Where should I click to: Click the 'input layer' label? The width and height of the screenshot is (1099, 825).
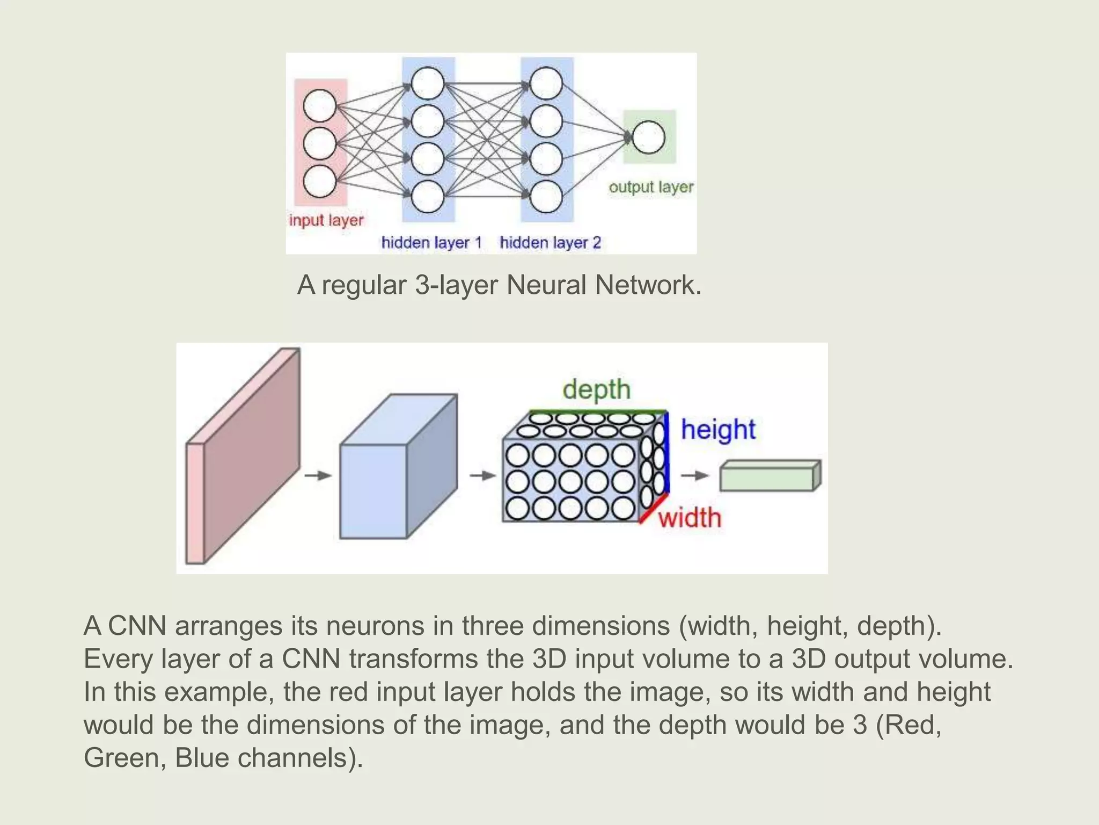(x=326, y=220)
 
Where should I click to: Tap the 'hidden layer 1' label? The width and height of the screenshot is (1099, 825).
(x=431, y=243)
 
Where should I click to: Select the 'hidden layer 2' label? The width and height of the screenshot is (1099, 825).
(x=550, y=243)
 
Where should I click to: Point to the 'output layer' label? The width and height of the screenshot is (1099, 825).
(x=651, y=187)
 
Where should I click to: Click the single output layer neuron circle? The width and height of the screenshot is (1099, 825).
(x=648, y=137)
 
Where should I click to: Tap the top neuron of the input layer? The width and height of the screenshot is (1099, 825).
(x=320, y=105)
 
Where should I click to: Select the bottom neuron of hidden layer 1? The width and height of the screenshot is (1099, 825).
(x=428, y=197)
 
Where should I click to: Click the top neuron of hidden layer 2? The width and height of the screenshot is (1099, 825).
(x=546, y=83)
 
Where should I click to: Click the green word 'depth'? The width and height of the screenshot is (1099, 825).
(x=596, y=389)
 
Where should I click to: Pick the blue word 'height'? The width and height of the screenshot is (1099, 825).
(x=718, y=430)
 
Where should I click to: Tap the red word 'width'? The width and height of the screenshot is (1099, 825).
(x=690, y=518)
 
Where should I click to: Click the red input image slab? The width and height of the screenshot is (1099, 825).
(x=244, y=457)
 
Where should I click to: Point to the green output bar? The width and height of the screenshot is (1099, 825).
(x=770, y=476)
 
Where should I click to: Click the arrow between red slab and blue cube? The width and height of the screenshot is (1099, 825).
(x=318, y=475)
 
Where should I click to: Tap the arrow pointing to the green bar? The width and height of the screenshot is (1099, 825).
(x=695, y=475)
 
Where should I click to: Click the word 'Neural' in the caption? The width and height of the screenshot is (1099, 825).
(x=546, y=285)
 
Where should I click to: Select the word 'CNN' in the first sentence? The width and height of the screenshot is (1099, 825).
(x=137, y=626)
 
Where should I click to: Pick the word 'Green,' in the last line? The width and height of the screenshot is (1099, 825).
(x=125, y=758)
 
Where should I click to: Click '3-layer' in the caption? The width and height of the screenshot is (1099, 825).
(x=457, y=285)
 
